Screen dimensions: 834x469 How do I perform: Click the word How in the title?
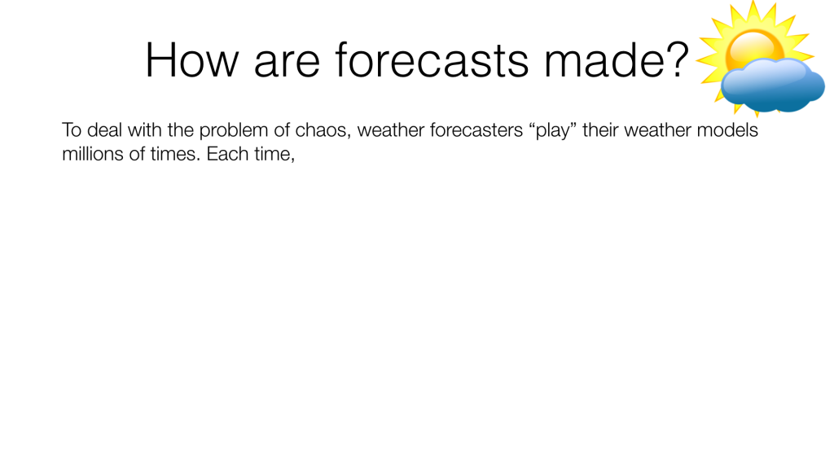(192, 60)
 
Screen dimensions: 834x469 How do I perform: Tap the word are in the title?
(288, 65)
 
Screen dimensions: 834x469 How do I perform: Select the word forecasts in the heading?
(432, 59)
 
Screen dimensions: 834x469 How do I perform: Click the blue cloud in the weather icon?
(772, 85)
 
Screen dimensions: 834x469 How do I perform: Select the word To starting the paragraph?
(72, 129)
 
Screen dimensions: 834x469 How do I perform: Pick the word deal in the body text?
(105, 129)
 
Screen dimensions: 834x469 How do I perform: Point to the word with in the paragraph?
(145, 129)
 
